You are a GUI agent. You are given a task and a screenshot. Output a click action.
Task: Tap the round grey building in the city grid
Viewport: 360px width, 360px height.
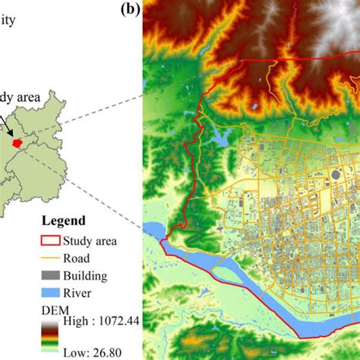[335, 175]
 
